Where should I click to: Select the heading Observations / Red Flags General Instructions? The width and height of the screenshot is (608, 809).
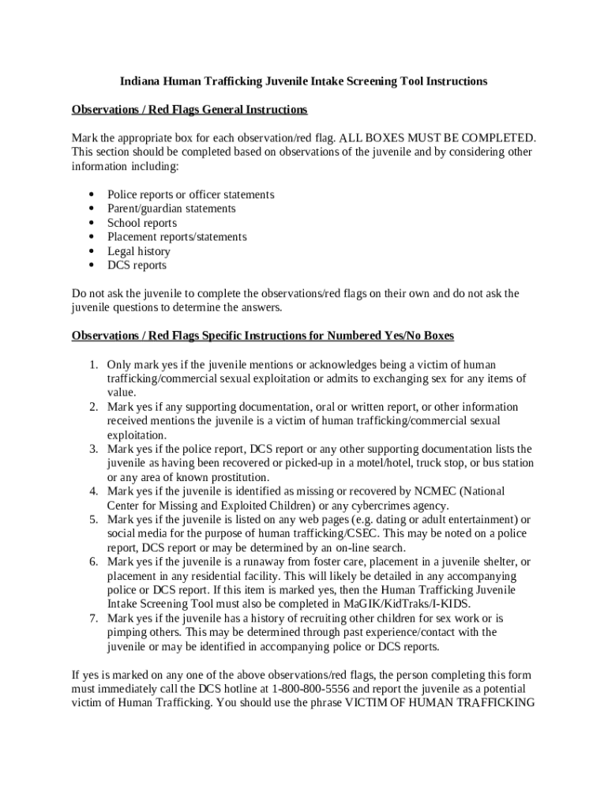tap(190, 109)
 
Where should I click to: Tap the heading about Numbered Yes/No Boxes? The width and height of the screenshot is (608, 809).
tap(263, 336)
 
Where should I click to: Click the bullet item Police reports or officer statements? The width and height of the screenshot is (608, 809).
tap(190, 194)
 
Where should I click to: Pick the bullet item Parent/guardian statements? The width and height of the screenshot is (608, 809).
tap(171, 209)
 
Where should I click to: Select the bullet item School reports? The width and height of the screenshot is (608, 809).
tap(142, 223)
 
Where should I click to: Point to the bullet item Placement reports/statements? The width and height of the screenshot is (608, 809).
tap(177, 237)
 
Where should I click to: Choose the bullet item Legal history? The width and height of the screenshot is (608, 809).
tap(139, 251)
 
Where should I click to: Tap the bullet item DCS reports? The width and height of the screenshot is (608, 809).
tap(137, 265)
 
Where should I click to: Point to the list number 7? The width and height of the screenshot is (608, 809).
tap(93, 618)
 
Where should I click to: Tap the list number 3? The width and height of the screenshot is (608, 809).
tap(93, 450)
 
